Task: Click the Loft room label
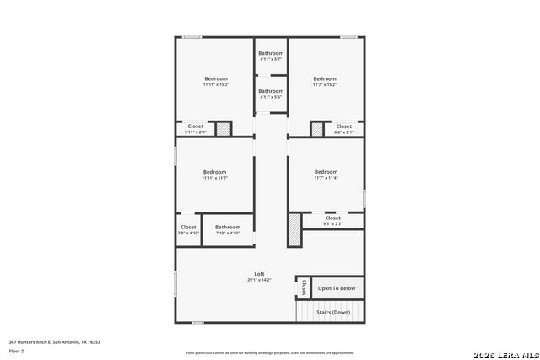point(259,277)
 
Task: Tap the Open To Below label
point(336,288)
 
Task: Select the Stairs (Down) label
point(333,312)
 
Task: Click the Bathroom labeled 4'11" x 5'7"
point(271,56)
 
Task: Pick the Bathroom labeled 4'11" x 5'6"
point(271,94)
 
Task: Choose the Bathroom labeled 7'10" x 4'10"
point(227,229)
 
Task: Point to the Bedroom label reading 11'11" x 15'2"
point(215,82)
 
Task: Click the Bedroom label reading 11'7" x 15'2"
point(325,82)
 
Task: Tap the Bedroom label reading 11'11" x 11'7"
point(215,175)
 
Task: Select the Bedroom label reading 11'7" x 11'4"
point(326,175)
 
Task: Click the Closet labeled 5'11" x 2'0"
point(195,129)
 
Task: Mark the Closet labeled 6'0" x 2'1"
point(343,129)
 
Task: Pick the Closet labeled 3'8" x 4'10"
point(188,229)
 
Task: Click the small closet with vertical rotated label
point(303,288)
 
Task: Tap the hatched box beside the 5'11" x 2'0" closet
point(223,129)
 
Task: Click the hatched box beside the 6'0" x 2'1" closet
point(316,129)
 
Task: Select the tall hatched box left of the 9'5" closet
point(294,230)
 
